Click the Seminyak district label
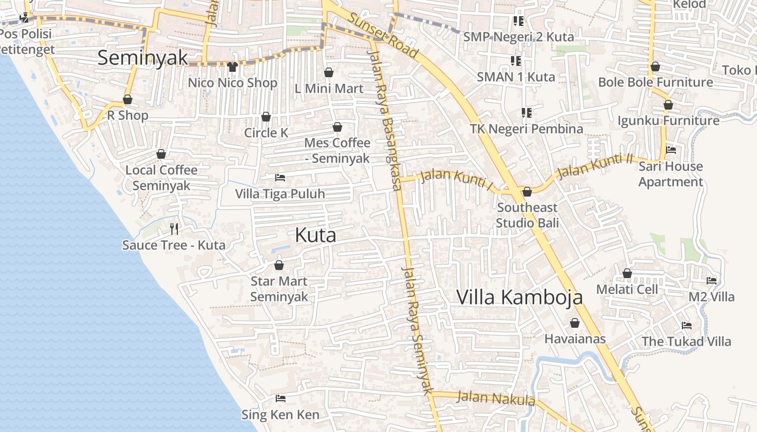point(143,58)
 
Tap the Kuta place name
point(316,235)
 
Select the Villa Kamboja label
point(520,297)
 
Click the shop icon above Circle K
point(265,117)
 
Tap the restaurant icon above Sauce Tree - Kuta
point(174,229)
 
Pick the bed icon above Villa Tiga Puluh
point(280,177)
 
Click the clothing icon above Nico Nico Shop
point(233,67)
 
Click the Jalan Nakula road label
point(496,399)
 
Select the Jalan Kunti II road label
point(595,166)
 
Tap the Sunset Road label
point(383,35)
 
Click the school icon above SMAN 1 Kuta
point(515,60)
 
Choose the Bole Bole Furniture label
point(655,82)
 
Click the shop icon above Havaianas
point(574,323)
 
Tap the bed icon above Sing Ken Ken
point(280,399)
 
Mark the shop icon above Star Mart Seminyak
point(279,265)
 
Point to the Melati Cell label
point(627,289)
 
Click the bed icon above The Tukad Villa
point(687,325)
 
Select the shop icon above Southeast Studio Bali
point(527,192)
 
